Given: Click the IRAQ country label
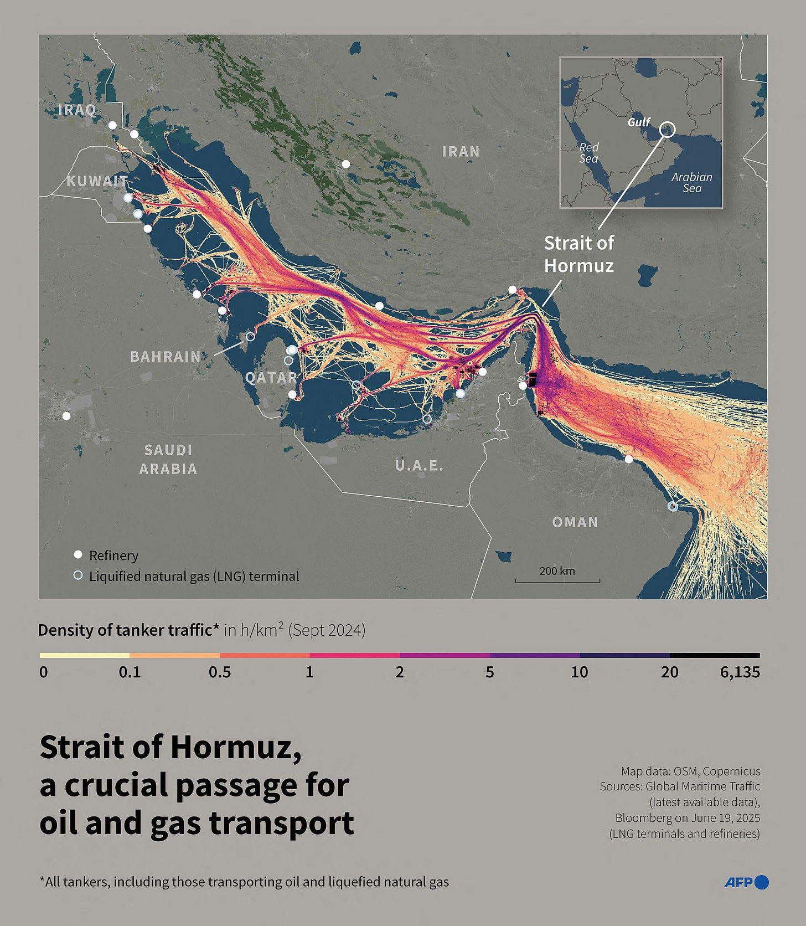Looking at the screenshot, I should tap(77, 110).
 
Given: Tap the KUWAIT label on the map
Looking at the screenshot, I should tap(97, 181).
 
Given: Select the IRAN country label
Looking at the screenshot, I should tap(461, 151).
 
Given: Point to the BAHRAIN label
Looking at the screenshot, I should tap(166, 356).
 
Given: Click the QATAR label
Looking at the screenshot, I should tap(271, 377).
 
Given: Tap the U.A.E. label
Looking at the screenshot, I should tap(419, 465).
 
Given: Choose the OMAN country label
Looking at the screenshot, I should tap(575, 522).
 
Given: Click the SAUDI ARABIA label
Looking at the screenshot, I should tap(168, 459).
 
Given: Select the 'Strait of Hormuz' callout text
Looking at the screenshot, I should tap(578, 254).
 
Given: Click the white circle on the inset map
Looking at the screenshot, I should tap(668, 129).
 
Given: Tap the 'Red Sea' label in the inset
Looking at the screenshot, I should tap(588, 153).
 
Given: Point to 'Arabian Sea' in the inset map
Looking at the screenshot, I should tap(691, 182).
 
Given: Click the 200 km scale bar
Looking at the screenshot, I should tap(557, 580).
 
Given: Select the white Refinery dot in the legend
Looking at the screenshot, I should tap(78, 555).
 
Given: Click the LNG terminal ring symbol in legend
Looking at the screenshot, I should tap(78, 575).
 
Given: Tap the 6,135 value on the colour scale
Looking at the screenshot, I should tap(740, 672).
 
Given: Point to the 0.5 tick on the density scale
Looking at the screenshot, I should tap(220, 672).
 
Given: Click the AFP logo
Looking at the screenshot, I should tap(746, 882).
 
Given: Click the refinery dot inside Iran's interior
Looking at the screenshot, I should tap(346, 164).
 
